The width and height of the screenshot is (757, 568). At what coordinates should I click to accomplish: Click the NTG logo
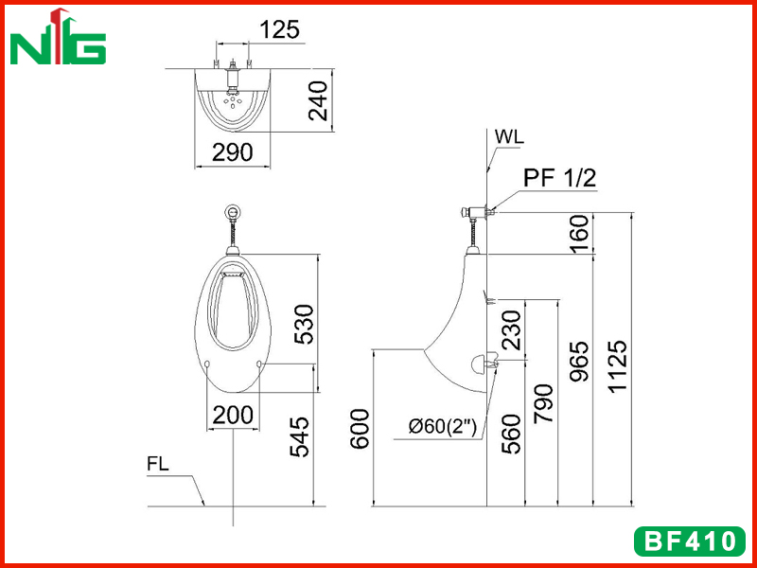58,36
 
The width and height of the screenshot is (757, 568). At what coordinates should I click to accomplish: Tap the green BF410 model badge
690,541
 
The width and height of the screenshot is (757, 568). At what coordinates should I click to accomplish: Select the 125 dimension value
280,29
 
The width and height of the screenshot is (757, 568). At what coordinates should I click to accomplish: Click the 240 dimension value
318,101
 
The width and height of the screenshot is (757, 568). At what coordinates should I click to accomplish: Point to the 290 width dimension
232,152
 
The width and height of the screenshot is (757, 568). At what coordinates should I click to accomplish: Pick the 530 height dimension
304,324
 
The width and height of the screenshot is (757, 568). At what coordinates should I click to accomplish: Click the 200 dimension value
233,415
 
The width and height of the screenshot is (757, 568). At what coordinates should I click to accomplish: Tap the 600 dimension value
360,430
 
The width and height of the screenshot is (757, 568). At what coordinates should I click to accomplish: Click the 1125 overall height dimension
618,366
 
